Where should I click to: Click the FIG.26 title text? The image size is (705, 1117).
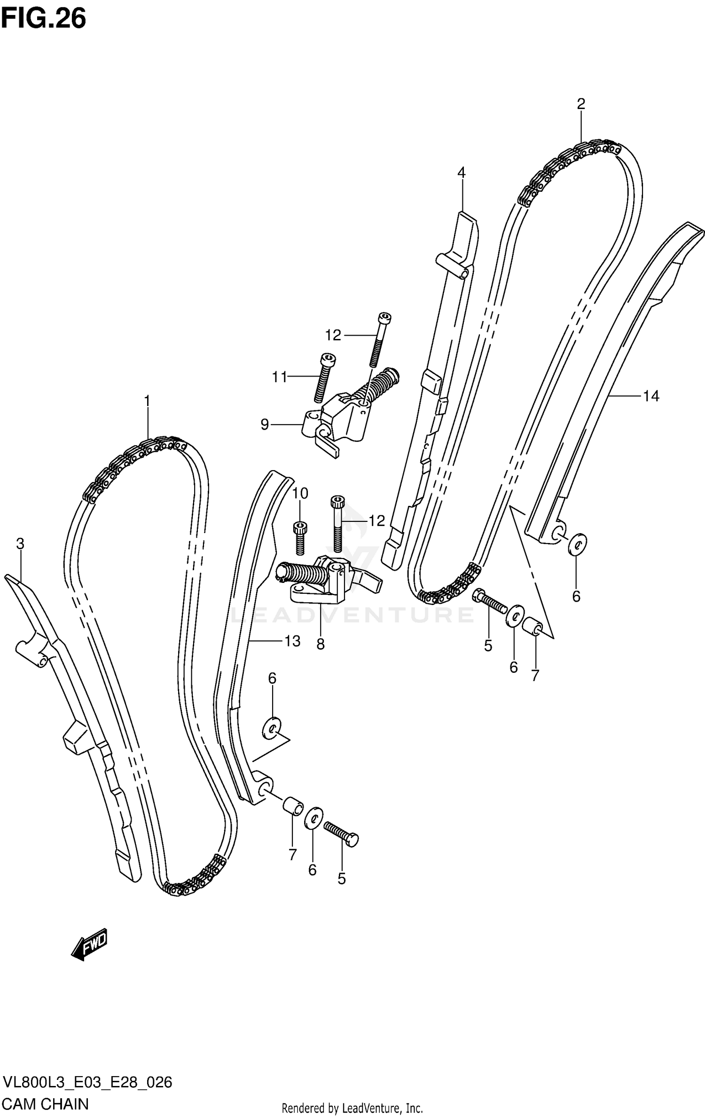click(44, 19)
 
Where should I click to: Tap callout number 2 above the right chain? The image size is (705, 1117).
click(581, 104)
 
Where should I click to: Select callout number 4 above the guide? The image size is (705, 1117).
click(461, 173)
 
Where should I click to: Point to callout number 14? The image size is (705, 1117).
click(651, 396)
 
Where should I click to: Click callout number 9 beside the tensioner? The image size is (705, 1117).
click(265, 425)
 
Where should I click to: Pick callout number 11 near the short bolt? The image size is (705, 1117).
click(279, 377)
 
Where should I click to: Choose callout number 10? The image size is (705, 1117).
click(300, 493)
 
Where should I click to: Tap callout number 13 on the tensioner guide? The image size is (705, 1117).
click(292, 641)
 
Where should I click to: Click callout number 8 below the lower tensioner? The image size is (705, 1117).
click(321, 644)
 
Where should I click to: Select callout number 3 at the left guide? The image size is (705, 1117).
click(20, 544)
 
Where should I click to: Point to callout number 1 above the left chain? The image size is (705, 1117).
click(147, 401)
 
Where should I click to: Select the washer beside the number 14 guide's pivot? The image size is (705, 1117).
click(578, 544)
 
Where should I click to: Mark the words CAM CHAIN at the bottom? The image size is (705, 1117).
click(46, 1103)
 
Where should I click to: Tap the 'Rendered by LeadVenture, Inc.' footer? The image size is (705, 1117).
click(352, 1109)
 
